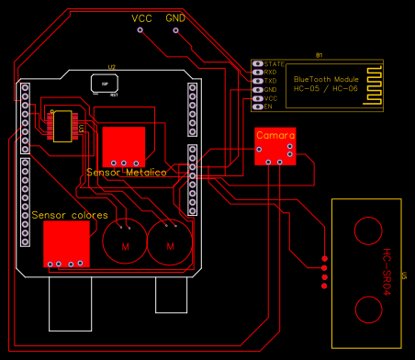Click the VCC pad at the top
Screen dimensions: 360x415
(140, 30)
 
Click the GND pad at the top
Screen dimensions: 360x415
(175, 30)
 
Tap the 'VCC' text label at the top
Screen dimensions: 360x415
(141, 18)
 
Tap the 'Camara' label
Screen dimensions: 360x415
(275, 135)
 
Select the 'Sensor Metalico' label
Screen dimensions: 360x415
(126, 172)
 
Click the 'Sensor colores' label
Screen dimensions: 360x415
(70, 214)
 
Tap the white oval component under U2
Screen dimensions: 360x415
(106, 82)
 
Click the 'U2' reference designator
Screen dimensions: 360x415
(111, 67)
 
